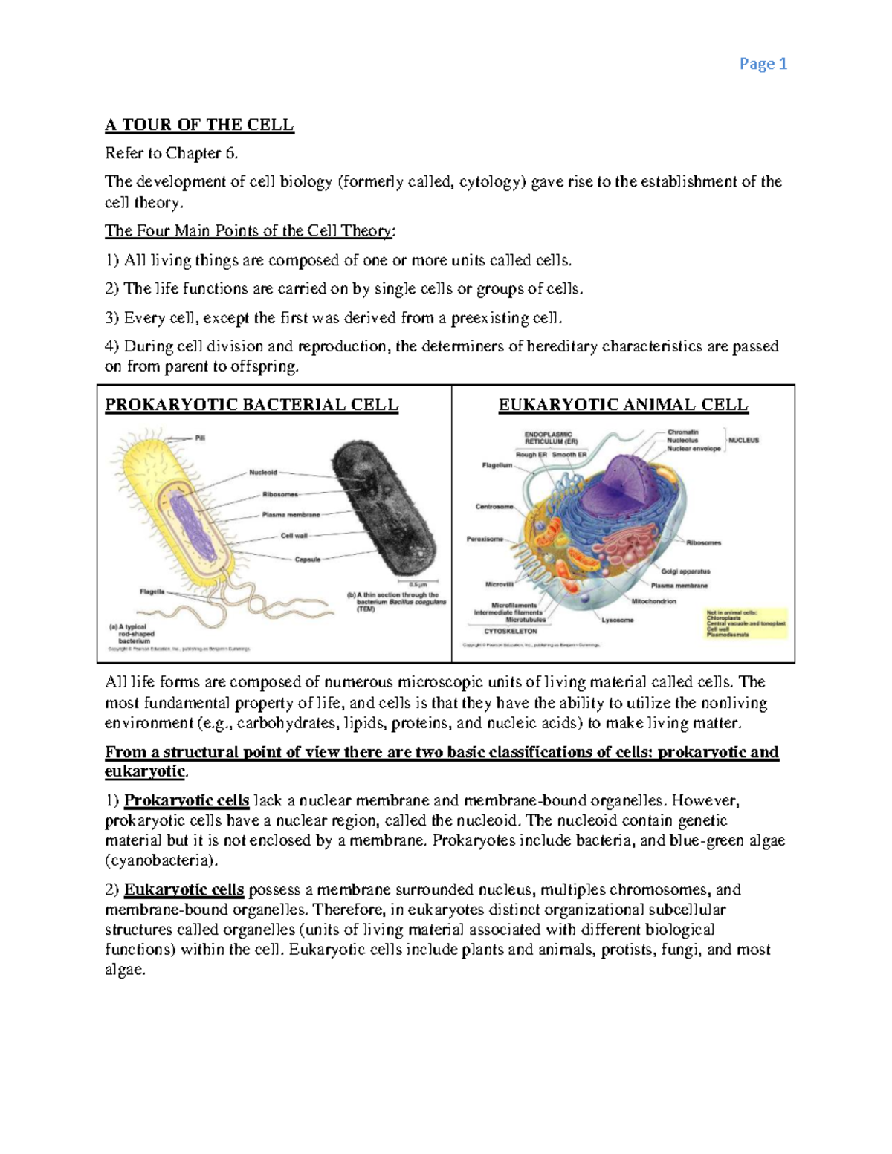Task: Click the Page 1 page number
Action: pyautogui.click(x=763, y=65)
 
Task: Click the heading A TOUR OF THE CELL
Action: pyautogui.click(x=199, y=125)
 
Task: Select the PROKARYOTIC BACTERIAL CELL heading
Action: pyautogui.click(x=251, y=405)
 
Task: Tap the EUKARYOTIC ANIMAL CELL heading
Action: pyautogui.click(x=623, y=405)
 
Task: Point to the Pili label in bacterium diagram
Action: pyautogui.click(x=200, y=438)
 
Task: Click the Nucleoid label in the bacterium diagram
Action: pyautogui.click(x=263, y=472)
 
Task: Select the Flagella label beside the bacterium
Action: pyautogui.click(x=152, y=591)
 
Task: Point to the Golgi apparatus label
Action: pyautogui.click(x=685, y=571)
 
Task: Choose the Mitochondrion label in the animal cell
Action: pyautogui.click(x=653, y=601)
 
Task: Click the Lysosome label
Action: pyautogui.click(x=617, y=620)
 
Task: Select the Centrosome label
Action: pyautogui.click(x=494, y=507)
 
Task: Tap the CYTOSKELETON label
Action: pyautogui.click(x=511, y=631)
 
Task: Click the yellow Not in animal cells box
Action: pyautogui.click(x=746, y=623)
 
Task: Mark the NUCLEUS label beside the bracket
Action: pyautogui.click(x=743, y=440)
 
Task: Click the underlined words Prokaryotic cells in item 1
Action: pyautogui.click(x=186, y=801)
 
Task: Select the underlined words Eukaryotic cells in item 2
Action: pyautogui.click(x=184, y=889)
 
